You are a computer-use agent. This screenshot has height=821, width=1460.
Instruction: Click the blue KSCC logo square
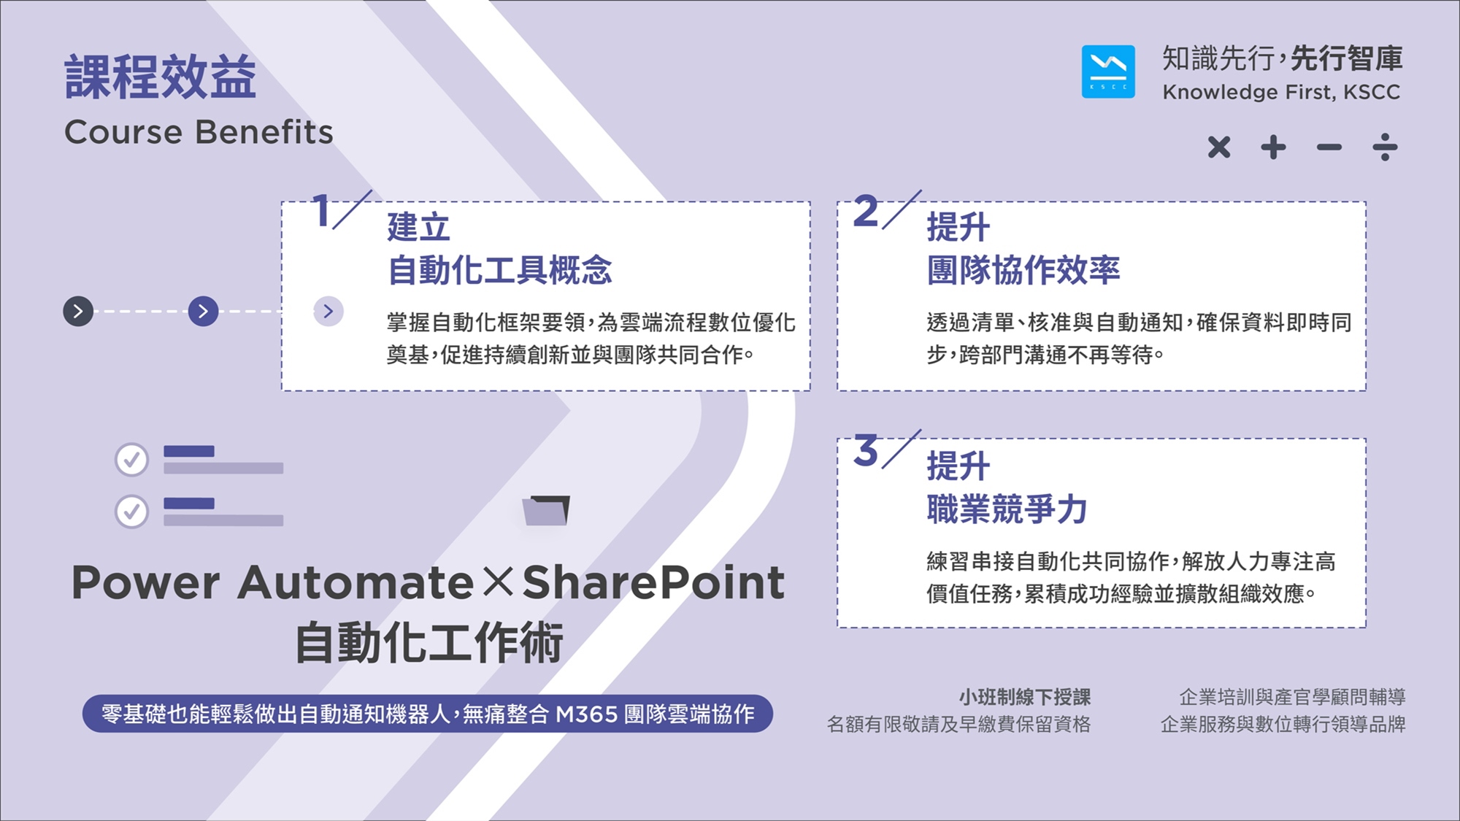(1108, 72)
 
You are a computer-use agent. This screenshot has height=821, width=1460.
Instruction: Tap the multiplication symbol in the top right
(1219, 147)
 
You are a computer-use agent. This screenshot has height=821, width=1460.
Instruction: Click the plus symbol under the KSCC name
(1274, 147)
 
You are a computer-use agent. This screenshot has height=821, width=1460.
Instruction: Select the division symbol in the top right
(1385, 147)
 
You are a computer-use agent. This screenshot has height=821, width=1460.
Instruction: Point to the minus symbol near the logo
(1329, 147)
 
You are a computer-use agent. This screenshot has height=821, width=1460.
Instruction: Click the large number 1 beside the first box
(321, 211)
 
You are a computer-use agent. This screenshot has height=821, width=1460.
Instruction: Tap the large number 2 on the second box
(866, 212)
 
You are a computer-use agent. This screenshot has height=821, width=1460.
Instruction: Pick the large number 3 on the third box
(866, 450)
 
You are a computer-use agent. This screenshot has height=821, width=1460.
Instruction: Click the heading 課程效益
(161, 77)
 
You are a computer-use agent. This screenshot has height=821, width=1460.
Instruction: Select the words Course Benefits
(199, 132)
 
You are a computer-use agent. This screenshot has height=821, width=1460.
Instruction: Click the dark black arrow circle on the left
(78, 311)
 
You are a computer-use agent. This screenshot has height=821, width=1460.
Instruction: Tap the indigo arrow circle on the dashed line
(203, 311)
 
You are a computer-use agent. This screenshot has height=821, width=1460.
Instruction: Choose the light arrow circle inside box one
(328, 311)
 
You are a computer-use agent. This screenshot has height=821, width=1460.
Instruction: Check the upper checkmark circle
(132, 460)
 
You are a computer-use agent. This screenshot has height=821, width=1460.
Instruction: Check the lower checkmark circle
(132, 512)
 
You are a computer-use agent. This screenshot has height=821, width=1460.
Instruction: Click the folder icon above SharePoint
(546, 510)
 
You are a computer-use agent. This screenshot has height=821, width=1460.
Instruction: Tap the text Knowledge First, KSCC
(1281, 92)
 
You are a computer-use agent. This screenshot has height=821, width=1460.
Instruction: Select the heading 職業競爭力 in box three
(1007, 509)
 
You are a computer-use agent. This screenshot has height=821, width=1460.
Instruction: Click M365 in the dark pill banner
(586, 714)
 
